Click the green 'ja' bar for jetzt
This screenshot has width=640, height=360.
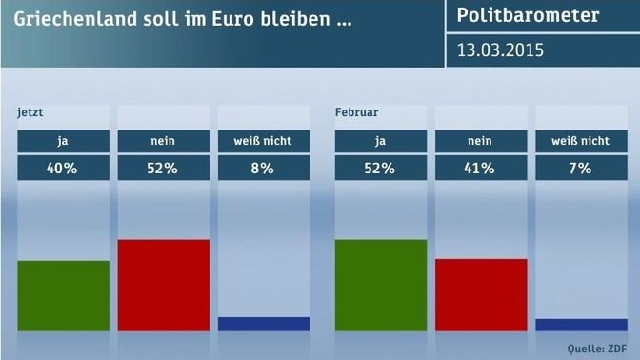63,295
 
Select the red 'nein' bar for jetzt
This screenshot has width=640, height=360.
163,285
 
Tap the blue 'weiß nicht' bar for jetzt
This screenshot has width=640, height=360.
264,324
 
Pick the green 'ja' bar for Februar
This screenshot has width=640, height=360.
381,285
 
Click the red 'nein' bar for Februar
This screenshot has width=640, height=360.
481,294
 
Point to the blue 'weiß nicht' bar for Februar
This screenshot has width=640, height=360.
581,325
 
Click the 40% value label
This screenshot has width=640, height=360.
63,169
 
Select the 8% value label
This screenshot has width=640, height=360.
264,169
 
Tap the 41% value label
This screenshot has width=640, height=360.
481,169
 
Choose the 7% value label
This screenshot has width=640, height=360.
581,169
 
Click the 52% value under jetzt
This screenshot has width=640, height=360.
163,169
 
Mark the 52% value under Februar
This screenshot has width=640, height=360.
381,169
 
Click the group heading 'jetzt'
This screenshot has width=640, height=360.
31,112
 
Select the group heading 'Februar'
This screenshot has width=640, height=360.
356,112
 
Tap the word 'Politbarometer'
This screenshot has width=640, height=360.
528,15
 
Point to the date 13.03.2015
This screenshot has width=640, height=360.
500,50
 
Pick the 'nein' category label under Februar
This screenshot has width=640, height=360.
481,141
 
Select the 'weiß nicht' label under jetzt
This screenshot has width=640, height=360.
264,141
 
